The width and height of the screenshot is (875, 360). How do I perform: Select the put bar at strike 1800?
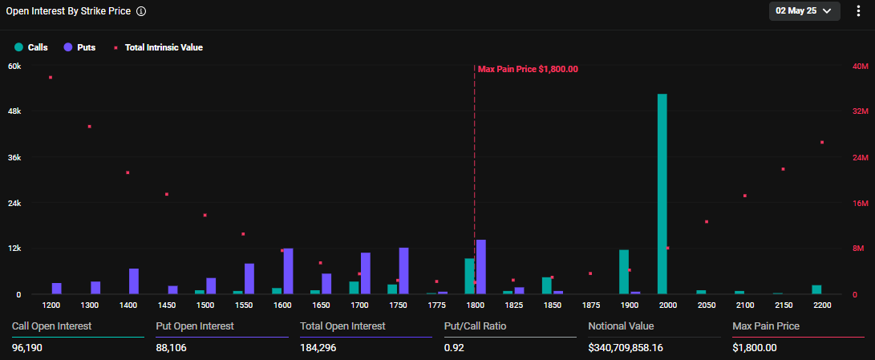[x=481, y=267]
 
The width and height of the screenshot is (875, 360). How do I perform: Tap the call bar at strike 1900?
[x=624, y=272]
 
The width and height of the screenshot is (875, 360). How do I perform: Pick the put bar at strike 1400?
[x=134, y=281]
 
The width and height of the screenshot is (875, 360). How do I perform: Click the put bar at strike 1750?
[x=404, y=271]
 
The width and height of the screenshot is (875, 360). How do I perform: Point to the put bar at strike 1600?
[x=288, y=271]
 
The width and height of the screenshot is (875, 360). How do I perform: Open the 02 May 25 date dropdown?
[x=804, y=10]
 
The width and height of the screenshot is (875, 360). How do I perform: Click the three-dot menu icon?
[x=860, y=11]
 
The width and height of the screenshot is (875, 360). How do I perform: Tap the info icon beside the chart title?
[x=141, y=12]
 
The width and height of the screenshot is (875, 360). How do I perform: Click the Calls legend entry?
[x=31, y=47]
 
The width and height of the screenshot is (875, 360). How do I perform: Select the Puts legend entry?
[x=79, y=47]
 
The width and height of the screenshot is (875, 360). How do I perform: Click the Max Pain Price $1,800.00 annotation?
[x=528, y=69]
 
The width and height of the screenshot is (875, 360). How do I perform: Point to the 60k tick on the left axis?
[x=14, y=66]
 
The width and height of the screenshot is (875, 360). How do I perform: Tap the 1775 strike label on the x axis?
[x=437, y=305]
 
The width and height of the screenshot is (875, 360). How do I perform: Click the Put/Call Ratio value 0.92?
[x=453, y=347]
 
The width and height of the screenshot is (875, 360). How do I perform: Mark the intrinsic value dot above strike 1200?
[x=51, y=77]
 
